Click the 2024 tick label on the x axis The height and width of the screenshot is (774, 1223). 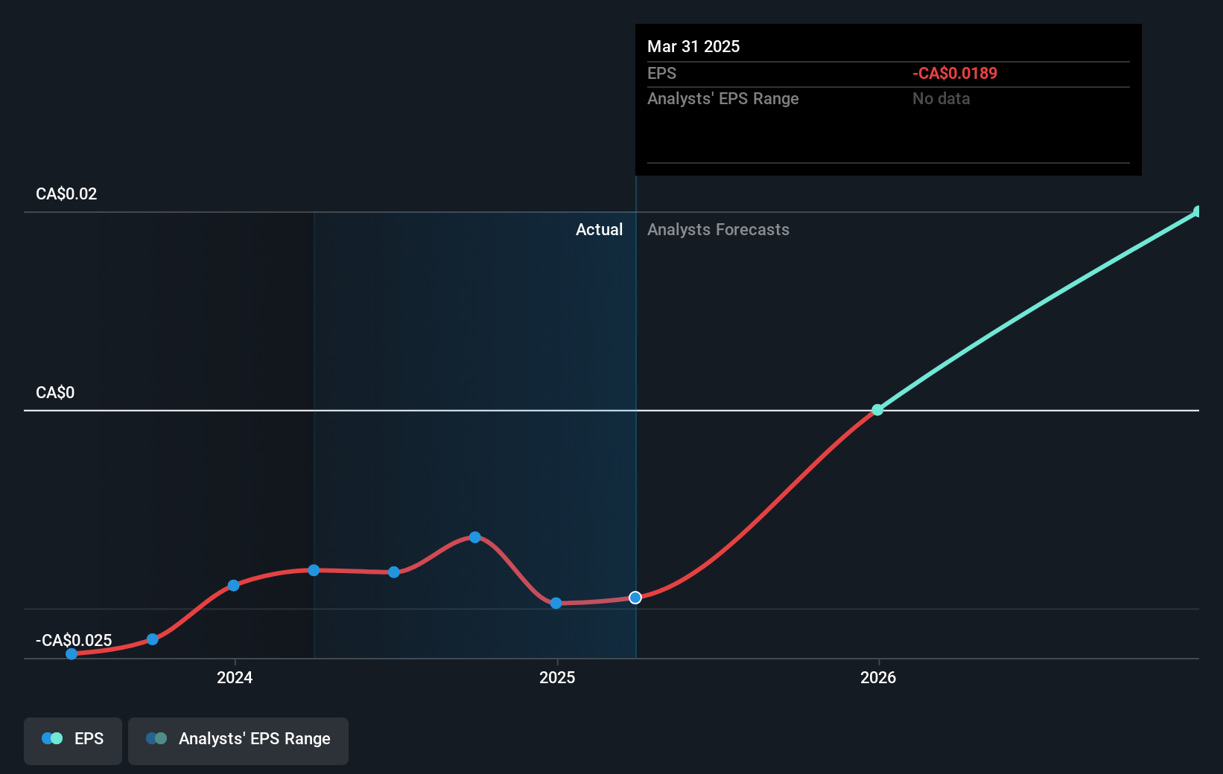coord(235,677)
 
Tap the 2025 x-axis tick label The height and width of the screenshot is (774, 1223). coord(557,677)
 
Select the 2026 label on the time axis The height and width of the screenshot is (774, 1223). coord(878,677)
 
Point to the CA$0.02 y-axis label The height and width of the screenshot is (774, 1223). coord(66,194)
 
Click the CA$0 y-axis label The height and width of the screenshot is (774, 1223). coord(55,393)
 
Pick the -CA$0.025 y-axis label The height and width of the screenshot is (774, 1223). coord(74,640)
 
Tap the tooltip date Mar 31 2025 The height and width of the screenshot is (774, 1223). coord(693,47)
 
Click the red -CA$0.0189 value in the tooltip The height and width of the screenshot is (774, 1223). coord(955,74)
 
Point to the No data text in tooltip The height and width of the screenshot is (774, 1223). coord(941,99)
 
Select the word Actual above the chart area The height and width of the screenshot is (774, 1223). coord(599,230)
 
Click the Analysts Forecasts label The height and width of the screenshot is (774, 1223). coord(718,230)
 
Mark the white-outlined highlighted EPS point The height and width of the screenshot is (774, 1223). coord(635,598)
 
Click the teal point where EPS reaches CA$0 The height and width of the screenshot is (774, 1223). coord(877,410)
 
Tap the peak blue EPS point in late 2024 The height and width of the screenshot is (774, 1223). coord(475,537)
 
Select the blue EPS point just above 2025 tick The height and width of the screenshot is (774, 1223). coord(556,603)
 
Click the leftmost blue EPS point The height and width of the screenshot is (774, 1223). coord(72,654)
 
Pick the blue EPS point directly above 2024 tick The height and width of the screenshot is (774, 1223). coord(234,586)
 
